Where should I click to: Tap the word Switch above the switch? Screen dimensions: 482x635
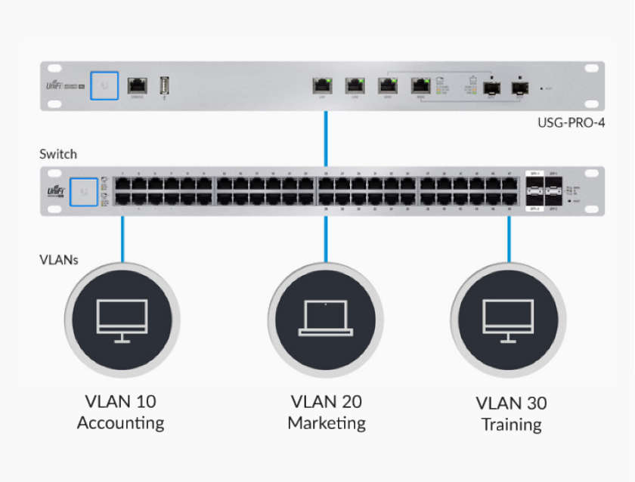pyautogui.click(x=58, y=154)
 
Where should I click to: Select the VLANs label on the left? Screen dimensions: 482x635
pyautogui.click(x=60, y=259)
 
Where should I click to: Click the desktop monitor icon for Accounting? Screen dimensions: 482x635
pyautogui.click(x=122, y=318)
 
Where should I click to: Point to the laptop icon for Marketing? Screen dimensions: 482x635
pyautogui.click(x=325, y=318)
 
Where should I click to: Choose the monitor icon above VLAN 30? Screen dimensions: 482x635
pyautogui.click(x=509, y=318)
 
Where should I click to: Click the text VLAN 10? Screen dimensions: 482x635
pyautogui.click(x=121, y=401)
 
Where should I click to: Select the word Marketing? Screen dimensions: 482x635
pyautogui.click(x=327, y=423)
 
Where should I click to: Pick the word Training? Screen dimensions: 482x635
pyautogui.click(x=512, y=425)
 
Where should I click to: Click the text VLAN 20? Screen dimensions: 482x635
pyautogui.click(x=327, y=401)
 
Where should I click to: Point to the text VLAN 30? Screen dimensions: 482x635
pyautogui.click(x=512, y=403)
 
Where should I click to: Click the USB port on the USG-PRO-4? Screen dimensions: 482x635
pyautogui.click(x=164, y=85)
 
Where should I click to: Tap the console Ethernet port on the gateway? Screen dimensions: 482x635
pyautogui.click(x=138, y=85)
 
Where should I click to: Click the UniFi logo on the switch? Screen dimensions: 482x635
pyautogui.click(x=54, y=192)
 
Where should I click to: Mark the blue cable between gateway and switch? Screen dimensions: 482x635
pyautogui.click(x=326, y=140)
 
